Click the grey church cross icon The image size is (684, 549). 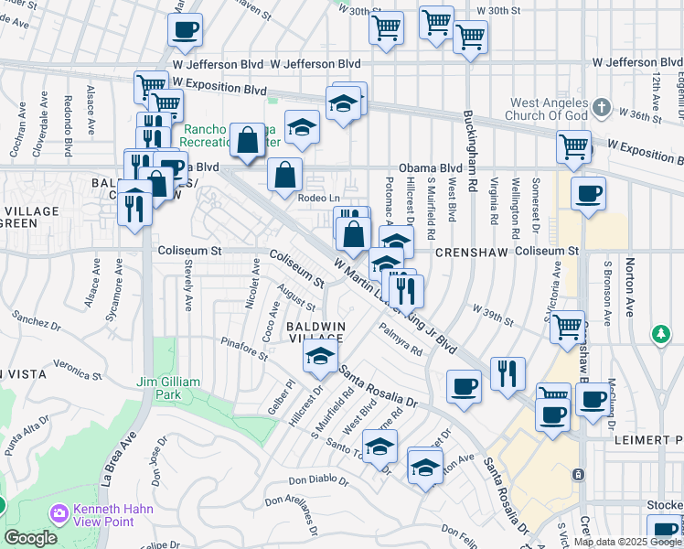(x=601, y=108)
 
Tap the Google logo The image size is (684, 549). (x=31, y=538)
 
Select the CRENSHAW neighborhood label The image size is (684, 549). (x=470, y=251)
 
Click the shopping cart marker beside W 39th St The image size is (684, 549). (x=568, y=325)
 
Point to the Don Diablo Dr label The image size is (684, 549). (x=319, y=480)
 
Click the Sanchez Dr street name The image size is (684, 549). (x=37, y=321)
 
